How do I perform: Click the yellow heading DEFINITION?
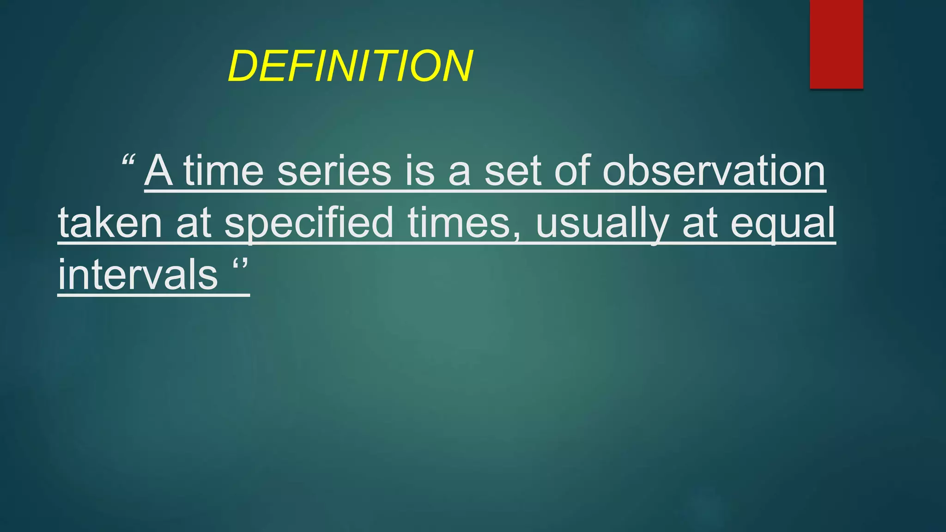[x=350, y=66]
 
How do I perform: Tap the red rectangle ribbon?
[x=836, y=44]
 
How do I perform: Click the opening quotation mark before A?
[x=128, y=161]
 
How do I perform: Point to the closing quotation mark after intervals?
[x=240, y=265]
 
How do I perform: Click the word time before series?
[x=224, y=170]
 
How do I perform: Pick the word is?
[x=420, y=170]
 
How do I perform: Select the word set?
[x=513, y=170]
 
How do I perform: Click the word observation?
[x=714, y=170]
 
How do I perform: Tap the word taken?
[x=110, y=223]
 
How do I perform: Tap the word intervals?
[x=138, y=275]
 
